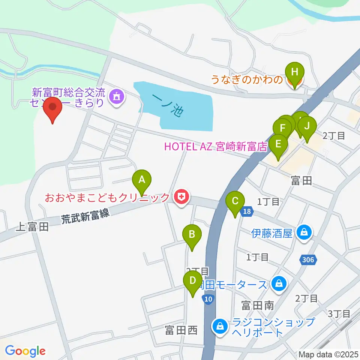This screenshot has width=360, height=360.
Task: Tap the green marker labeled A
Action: [x=142, y=181]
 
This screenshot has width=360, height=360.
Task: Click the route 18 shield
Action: [x=246, y=212]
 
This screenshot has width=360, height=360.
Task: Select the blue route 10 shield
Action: [x=208, y=299]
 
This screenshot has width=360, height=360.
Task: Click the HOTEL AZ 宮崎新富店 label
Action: [x=216, y=146]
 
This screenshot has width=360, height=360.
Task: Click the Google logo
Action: [x=25, y=351]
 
